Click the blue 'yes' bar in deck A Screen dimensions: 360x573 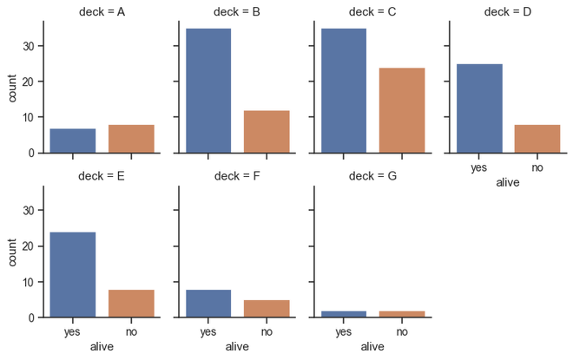pyautogui.click(x=73, y=141)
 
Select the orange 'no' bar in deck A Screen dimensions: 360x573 pyautogui.click(x=131, y=139)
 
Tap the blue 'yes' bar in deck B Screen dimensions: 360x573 pyautogui.click(x=208, y=90)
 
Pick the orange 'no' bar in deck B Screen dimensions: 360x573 pyautogui.click(x=267, y=132)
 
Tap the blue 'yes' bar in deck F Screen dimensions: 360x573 pyautogui.click(x=208, y=304)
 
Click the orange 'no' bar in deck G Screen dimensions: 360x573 pyautogui.click(x=402, y=314)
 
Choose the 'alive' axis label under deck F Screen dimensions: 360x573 pyautogui.click(x=237, y=348)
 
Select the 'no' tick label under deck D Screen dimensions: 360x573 pyautogui.click(x=537, y=167)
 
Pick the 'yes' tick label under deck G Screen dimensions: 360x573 pyautogui.click(x=344, y=332)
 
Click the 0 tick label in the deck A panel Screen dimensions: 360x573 pyautogui.click(x=31, y=153)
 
